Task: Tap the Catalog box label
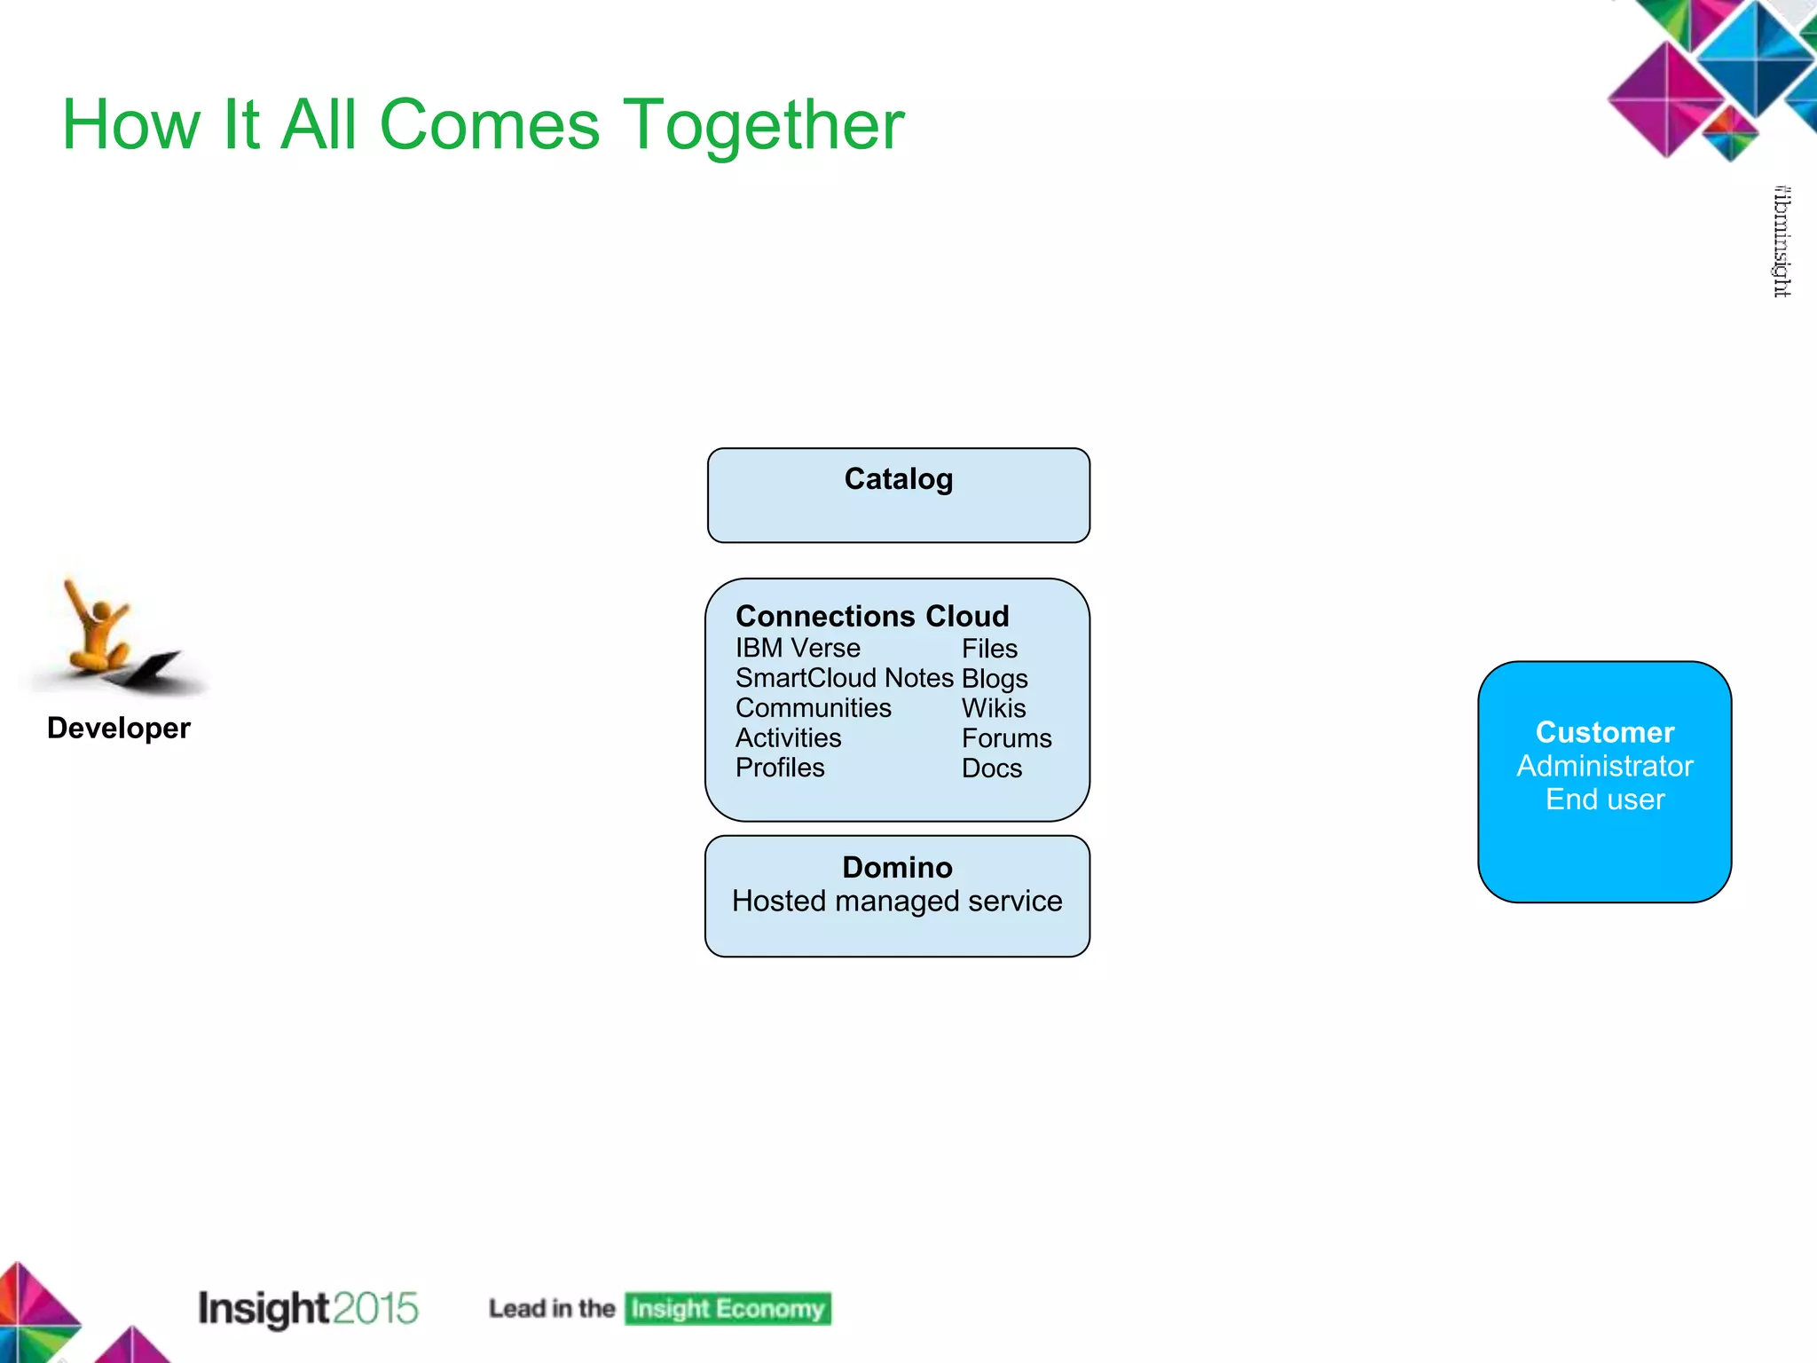[x=898, y=479]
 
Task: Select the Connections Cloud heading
[x=872, y=616]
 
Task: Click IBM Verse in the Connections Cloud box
[x=797, y=649]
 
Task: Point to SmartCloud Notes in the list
[x=844, y=679]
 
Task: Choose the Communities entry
[x=813, y=708]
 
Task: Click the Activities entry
[x=788, y=738]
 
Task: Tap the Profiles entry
[x=779, y=768]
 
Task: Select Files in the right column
[x=989, y=649]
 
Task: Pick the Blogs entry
[x=994, y=679]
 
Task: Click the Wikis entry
[x=993, y=708]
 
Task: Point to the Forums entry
[x=1006, y=738]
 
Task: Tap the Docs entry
[x=991, y=768]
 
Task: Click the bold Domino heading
[x=897, y=867]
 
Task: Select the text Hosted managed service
[x=897, y=902]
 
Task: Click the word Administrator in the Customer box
[x=1604, y=766]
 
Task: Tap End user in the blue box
[x=1604, y=800]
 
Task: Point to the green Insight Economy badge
[x=728, y=1309]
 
